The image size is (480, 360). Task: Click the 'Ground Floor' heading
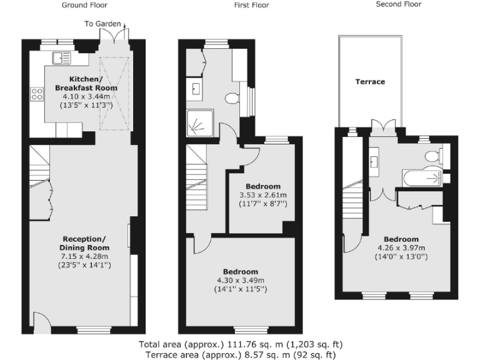pyautogui.click(x=84, y=5)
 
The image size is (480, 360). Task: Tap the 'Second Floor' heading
pyautogui.click(x=398, y=4)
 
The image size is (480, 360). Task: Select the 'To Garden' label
pyautogui.click(x=102, y=24)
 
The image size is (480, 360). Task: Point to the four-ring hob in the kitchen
pyautogui.click(x=37, y=95)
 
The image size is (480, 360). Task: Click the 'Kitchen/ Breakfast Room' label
pyautogui.click(x=84, y=84)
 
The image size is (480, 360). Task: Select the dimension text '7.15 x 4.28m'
pyautogui.click(x=84, y=256)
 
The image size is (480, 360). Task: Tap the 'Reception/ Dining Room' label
pyautogui.click(x=84, y=243)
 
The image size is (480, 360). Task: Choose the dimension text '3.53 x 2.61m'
pyautogui.click(x=262, y=195)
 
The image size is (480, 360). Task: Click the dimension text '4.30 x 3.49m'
pyautogui.click(x=240, y=280)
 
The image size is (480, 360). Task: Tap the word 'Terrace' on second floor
pyautogui.click(x=370, y=82)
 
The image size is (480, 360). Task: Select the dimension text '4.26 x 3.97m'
pyautogui.click(x=401, y=248)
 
